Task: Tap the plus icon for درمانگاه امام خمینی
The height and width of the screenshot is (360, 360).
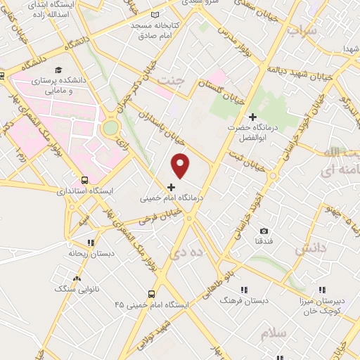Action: tap(172, 187)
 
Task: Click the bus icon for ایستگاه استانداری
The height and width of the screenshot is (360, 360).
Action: tap(84, 179)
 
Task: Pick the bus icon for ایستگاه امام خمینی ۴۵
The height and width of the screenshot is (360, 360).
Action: tap(150, 294)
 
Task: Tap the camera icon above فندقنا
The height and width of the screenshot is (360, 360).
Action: tap(264, 231)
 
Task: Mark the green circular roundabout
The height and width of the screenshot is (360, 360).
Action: tap(110, 128)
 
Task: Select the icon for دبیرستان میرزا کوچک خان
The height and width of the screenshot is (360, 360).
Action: tap(323, 290)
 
